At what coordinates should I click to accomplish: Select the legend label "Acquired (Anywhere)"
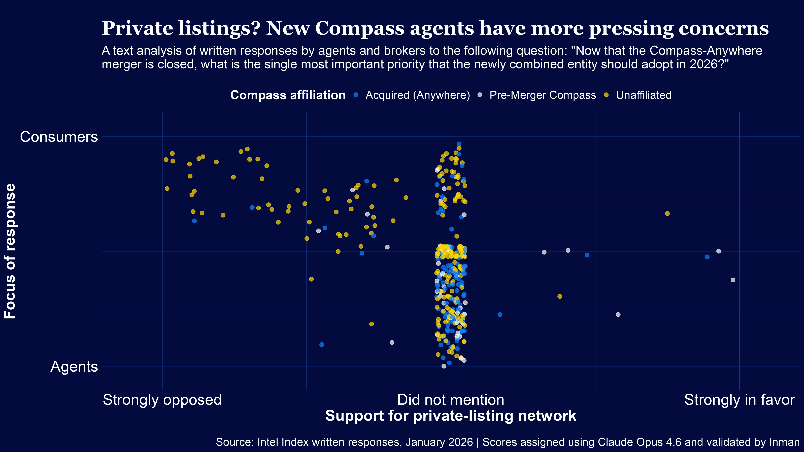point(418,95)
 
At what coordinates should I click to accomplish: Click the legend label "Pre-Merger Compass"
point(543,95)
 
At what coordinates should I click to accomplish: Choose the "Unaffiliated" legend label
point(644,95)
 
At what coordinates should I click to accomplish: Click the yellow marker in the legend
point(606,95)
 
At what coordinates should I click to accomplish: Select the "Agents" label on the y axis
point(74,366)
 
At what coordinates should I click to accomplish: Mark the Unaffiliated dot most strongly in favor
point(667,214)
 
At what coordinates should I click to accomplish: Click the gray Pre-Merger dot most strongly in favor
point(733,280)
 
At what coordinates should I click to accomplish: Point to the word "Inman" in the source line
point(784,442)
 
